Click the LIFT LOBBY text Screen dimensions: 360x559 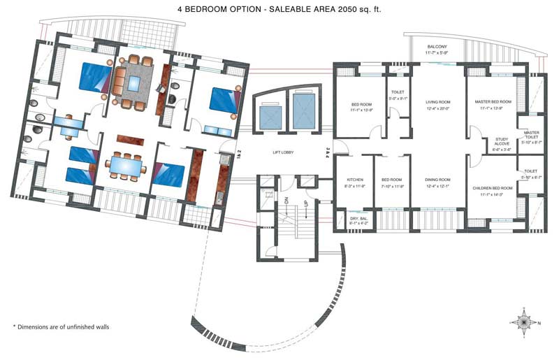coord(286,152)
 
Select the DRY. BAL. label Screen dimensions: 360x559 coord(358,219)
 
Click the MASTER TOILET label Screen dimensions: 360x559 coord(531,134)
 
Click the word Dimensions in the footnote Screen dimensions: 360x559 coord(41,326)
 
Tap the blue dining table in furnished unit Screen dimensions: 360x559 coord(126,165)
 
